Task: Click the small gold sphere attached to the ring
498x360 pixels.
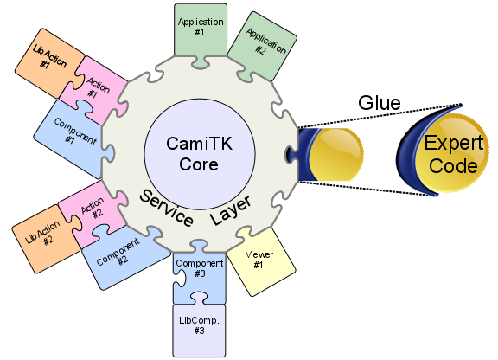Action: [x=332, y=153]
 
